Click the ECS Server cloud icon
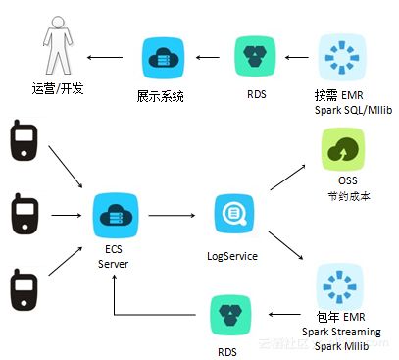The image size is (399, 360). pos(113,213)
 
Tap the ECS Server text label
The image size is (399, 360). pos(113,257)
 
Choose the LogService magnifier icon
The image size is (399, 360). pos(234,213)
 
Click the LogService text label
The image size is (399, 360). pos(234,255)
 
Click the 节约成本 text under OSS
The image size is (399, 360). pos(344,196)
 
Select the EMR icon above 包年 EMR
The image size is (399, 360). pos(338,284)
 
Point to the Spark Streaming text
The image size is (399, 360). pos(344,333)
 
